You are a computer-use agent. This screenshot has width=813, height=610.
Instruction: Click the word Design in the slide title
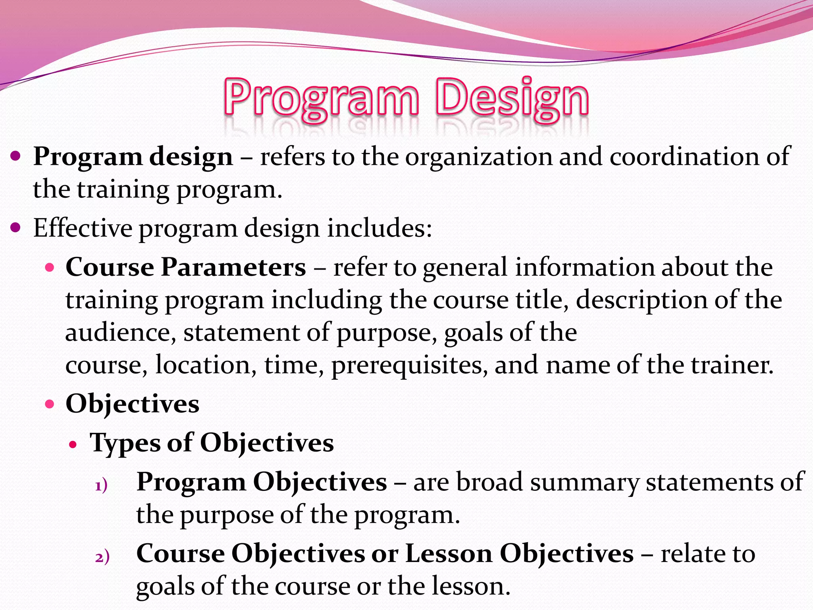pos(512,97)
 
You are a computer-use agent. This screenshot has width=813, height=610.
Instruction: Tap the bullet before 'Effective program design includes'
pos(15,228)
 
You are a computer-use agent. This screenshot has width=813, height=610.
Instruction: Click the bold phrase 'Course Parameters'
pos(185,267)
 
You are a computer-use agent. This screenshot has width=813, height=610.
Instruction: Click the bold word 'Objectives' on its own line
pos(132,404)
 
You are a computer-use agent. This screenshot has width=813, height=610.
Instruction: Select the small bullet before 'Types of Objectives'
pos(72,444)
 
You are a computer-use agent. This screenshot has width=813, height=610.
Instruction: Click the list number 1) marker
pos(102,486)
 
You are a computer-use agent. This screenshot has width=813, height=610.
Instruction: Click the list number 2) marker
pos(102,557)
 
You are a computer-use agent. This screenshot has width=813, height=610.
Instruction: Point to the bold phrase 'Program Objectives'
pos(262,482)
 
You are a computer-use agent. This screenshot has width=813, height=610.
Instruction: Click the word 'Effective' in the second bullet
pos(83,228)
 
